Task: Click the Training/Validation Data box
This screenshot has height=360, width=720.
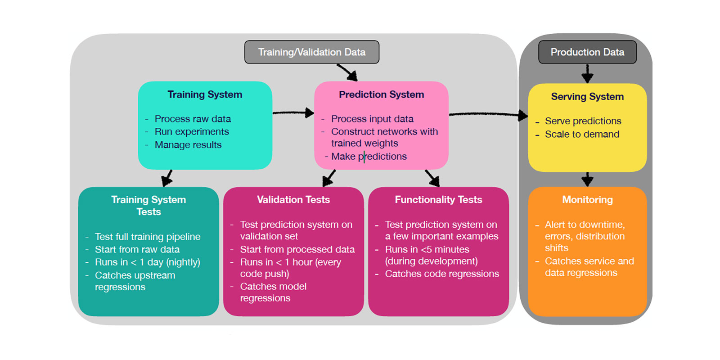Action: pos(311,52)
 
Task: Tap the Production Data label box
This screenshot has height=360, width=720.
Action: pos(587,52)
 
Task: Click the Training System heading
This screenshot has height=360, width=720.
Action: pos(205,94)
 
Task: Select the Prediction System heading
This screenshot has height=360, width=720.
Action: pos(381,94)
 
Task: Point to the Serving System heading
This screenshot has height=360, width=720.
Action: pos(587,97)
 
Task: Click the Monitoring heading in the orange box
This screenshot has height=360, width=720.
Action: pos(587,200)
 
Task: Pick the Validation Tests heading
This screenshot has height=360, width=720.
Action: pos(293,200)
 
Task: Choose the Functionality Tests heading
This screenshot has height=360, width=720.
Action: pos(438,200)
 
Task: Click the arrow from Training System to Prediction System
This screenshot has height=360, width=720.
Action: pos(293,112)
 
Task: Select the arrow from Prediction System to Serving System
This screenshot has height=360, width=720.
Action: pos(488,114)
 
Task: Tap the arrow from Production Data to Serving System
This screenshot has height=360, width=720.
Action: pos(587,73)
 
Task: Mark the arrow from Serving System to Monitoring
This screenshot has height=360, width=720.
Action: pos(587,179)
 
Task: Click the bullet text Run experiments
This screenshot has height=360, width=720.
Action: pos(192,132)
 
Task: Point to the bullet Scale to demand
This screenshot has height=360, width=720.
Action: pos(582,135)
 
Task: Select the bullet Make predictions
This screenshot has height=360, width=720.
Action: pos(369,157)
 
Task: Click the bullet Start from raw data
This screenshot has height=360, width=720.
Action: pos(137,250)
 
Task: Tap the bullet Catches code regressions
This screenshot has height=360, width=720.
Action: pos(442,274)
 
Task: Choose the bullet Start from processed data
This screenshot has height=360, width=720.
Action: pos(297,250)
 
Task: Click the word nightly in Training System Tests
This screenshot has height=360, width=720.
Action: pos(183,262)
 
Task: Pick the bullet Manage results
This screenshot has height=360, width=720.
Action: pos(188,145)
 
